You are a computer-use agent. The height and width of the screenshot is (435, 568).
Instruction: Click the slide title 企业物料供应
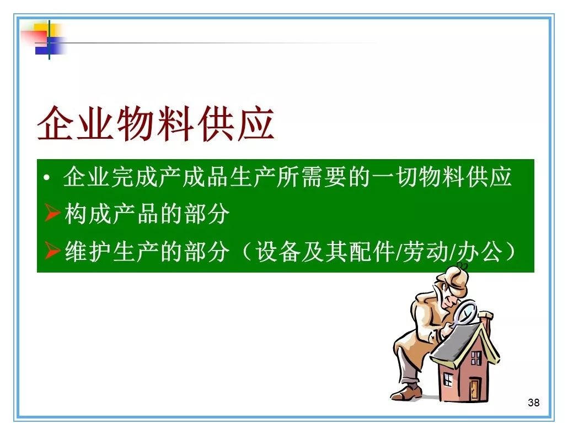pyautogui.click(x=156, y=124)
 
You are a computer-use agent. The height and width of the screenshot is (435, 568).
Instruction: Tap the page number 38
pyautogui.click(x=534, y=403)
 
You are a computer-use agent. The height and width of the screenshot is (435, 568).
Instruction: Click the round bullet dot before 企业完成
pyautogui.click(x=46, y=177)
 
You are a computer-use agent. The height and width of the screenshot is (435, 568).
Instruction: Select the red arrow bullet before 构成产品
pyautogui.click(x=52, y=212)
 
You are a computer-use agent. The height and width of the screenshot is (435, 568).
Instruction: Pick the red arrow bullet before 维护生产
pyautogui.click(x=52, y=250)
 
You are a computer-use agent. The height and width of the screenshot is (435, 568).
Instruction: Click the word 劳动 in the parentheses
pyautogui.click(x=426, y=251)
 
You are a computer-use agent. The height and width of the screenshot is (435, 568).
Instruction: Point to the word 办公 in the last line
pyautogui.click(x=479, y=251)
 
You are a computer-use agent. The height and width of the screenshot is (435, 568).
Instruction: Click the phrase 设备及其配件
pyautogui.click(x=325, y=251)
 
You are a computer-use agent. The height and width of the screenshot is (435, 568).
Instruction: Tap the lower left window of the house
pyautogui.click(x=448, y=379)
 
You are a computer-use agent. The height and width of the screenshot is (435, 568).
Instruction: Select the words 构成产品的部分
pyautogui.click(x=147, y=213)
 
